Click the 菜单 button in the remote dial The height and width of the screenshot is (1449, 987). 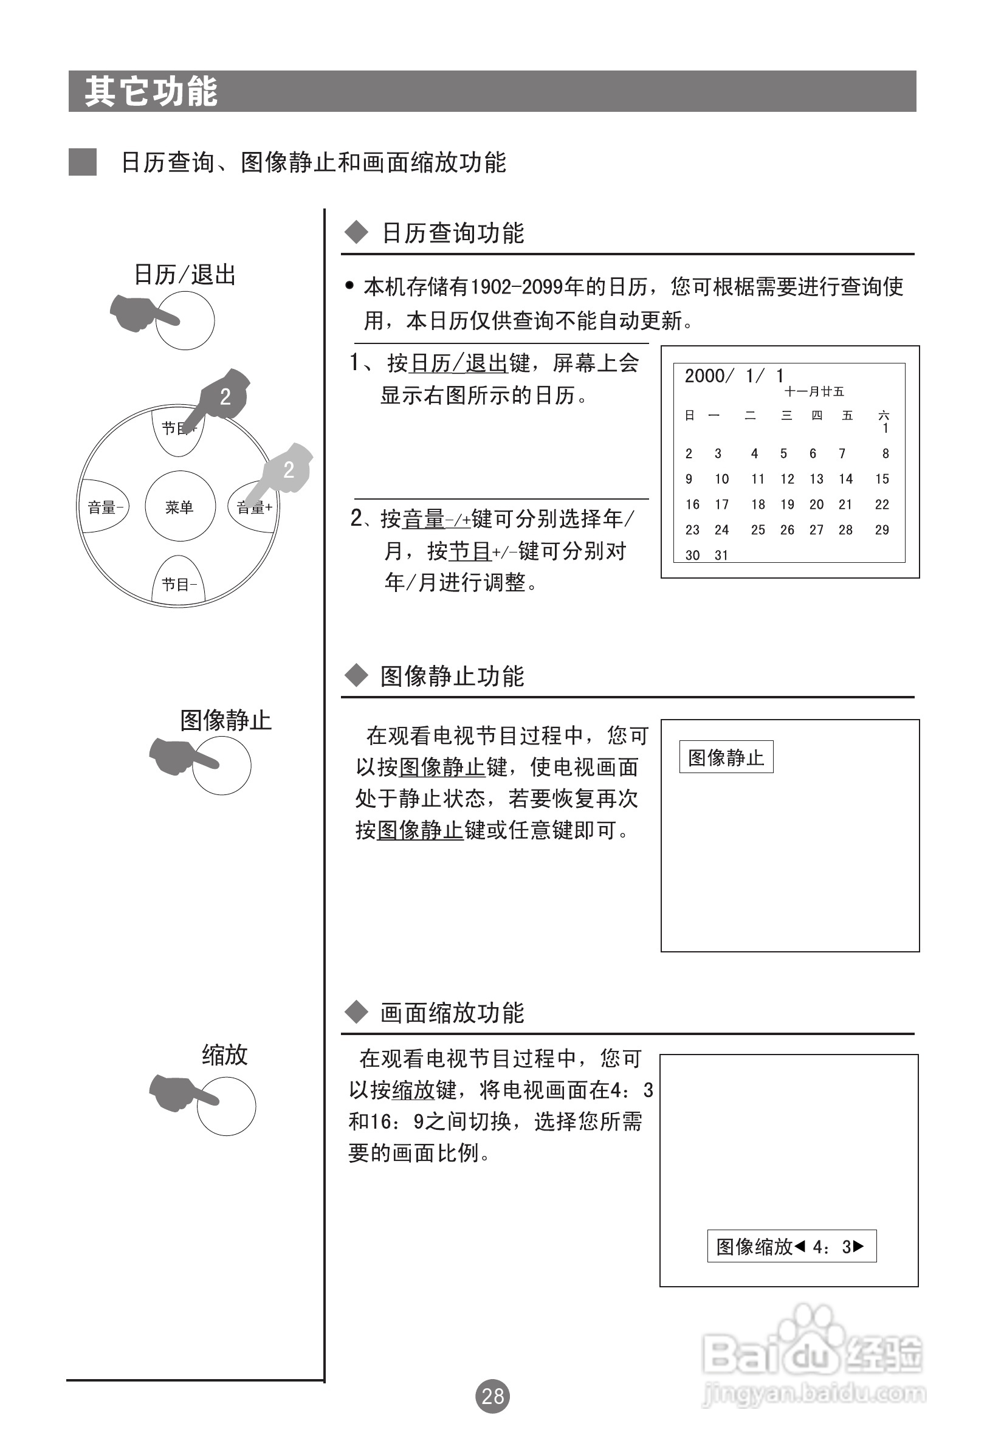pos(179,507)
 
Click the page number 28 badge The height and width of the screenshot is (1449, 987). pos(492,1396)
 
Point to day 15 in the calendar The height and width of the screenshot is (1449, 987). pos(882,479)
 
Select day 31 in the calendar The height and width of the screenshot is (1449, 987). pos(721,555)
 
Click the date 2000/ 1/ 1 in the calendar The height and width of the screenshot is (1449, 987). pos(734,376)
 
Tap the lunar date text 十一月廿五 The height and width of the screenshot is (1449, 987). pos(814,391)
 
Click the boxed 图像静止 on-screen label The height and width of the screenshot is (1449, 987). pos(726,757)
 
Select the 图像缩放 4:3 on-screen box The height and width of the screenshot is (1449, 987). pos(791,1247)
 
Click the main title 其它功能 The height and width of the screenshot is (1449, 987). pos(151,92)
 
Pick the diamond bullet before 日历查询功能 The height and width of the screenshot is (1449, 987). pos(357,233)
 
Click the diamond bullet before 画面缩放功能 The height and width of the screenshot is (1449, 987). pos(357,1013)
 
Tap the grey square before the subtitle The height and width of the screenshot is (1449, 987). pos(82,162)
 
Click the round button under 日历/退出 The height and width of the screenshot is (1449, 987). pos(185,320)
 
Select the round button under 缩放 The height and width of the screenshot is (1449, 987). pos(226,1106)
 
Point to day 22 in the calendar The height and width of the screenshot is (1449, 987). pos(882,504)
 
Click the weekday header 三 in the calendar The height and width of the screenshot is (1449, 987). pos(787,415)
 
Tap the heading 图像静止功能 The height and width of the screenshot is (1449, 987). pos(452,676)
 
